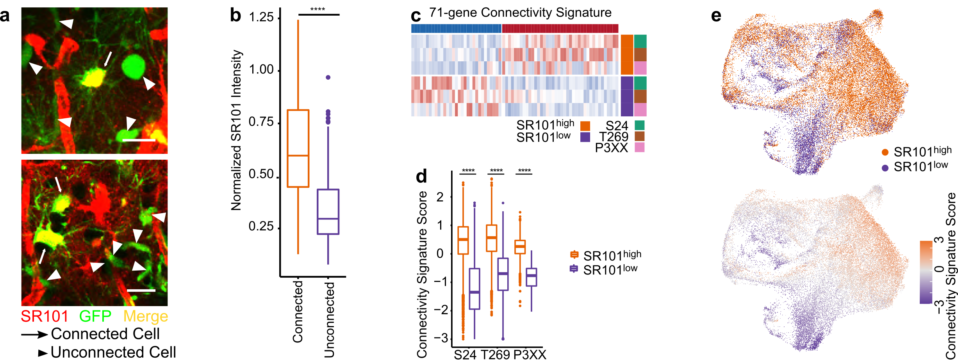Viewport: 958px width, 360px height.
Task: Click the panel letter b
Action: (x=235, y=16)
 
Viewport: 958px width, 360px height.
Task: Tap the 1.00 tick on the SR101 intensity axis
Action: (x=261, y=70)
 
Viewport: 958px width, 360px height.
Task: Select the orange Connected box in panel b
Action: (x=298, y=148)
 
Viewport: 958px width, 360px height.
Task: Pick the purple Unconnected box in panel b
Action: (x=328, y=212)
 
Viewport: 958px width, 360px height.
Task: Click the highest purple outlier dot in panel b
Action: (x=328, y=77)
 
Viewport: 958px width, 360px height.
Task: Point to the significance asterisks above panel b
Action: (x=318, y=9)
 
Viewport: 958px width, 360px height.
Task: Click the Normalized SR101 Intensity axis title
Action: (x=236, y=130)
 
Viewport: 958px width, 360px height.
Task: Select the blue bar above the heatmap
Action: (x=456, y=29)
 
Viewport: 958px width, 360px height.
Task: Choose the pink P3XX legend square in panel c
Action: (x=639, y=147)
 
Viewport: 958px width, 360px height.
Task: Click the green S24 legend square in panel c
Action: (x=639, y=125)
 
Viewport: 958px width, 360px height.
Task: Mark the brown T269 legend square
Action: (x=639, y=136)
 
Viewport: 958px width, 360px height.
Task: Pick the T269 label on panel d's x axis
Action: (x=495, y=354)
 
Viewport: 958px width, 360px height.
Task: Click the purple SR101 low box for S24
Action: (x=474, y=289)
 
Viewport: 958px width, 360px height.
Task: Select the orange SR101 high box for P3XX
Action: (x=520, y=247)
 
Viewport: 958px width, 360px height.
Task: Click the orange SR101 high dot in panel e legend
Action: (x=885, y=152)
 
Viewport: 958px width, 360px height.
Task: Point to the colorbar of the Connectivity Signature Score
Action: (x=926, y=272)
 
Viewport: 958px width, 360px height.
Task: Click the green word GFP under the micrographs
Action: (x=95, y=316)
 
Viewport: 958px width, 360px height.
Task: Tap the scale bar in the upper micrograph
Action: (x=139, y=140)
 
